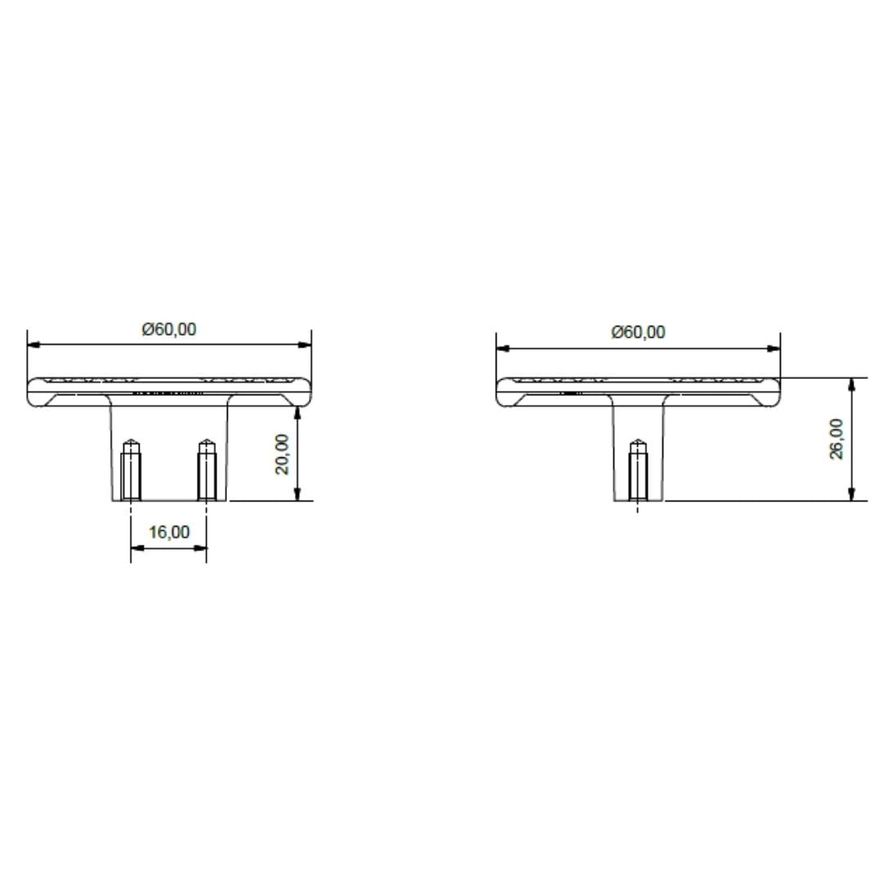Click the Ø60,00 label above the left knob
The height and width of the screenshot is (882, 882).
click(169, 329)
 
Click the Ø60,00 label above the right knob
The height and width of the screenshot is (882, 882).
click(638, 332)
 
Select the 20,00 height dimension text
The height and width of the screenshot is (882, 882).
click(282, 454)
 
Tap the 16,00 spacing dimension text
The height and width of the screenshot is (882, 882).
click(169, 532)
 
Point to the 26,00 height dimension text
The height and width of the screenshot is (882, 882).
click(837, 439)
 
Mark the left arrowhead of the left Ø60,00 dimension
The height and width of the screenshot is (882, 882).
click(33, 345)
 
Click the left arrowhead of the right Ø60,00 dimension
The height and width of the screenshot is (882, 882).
click(502, 349)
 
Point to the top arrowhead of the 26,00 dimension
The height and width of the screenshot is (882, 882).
click(852, 384)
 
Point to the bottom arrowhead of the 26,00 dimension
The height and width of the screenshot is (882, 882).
click(852, 494)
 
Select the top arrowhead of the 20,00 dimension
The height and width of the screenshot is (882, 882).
click(298, 412)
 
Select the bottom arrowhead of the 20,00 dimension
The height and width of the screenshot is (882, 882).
click(298, 494)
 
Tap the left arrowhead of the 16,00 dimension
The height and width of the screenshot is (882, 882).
click(136, 548)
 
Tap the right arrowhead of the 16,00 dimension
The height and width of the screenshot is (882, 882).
click(201, 548)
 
